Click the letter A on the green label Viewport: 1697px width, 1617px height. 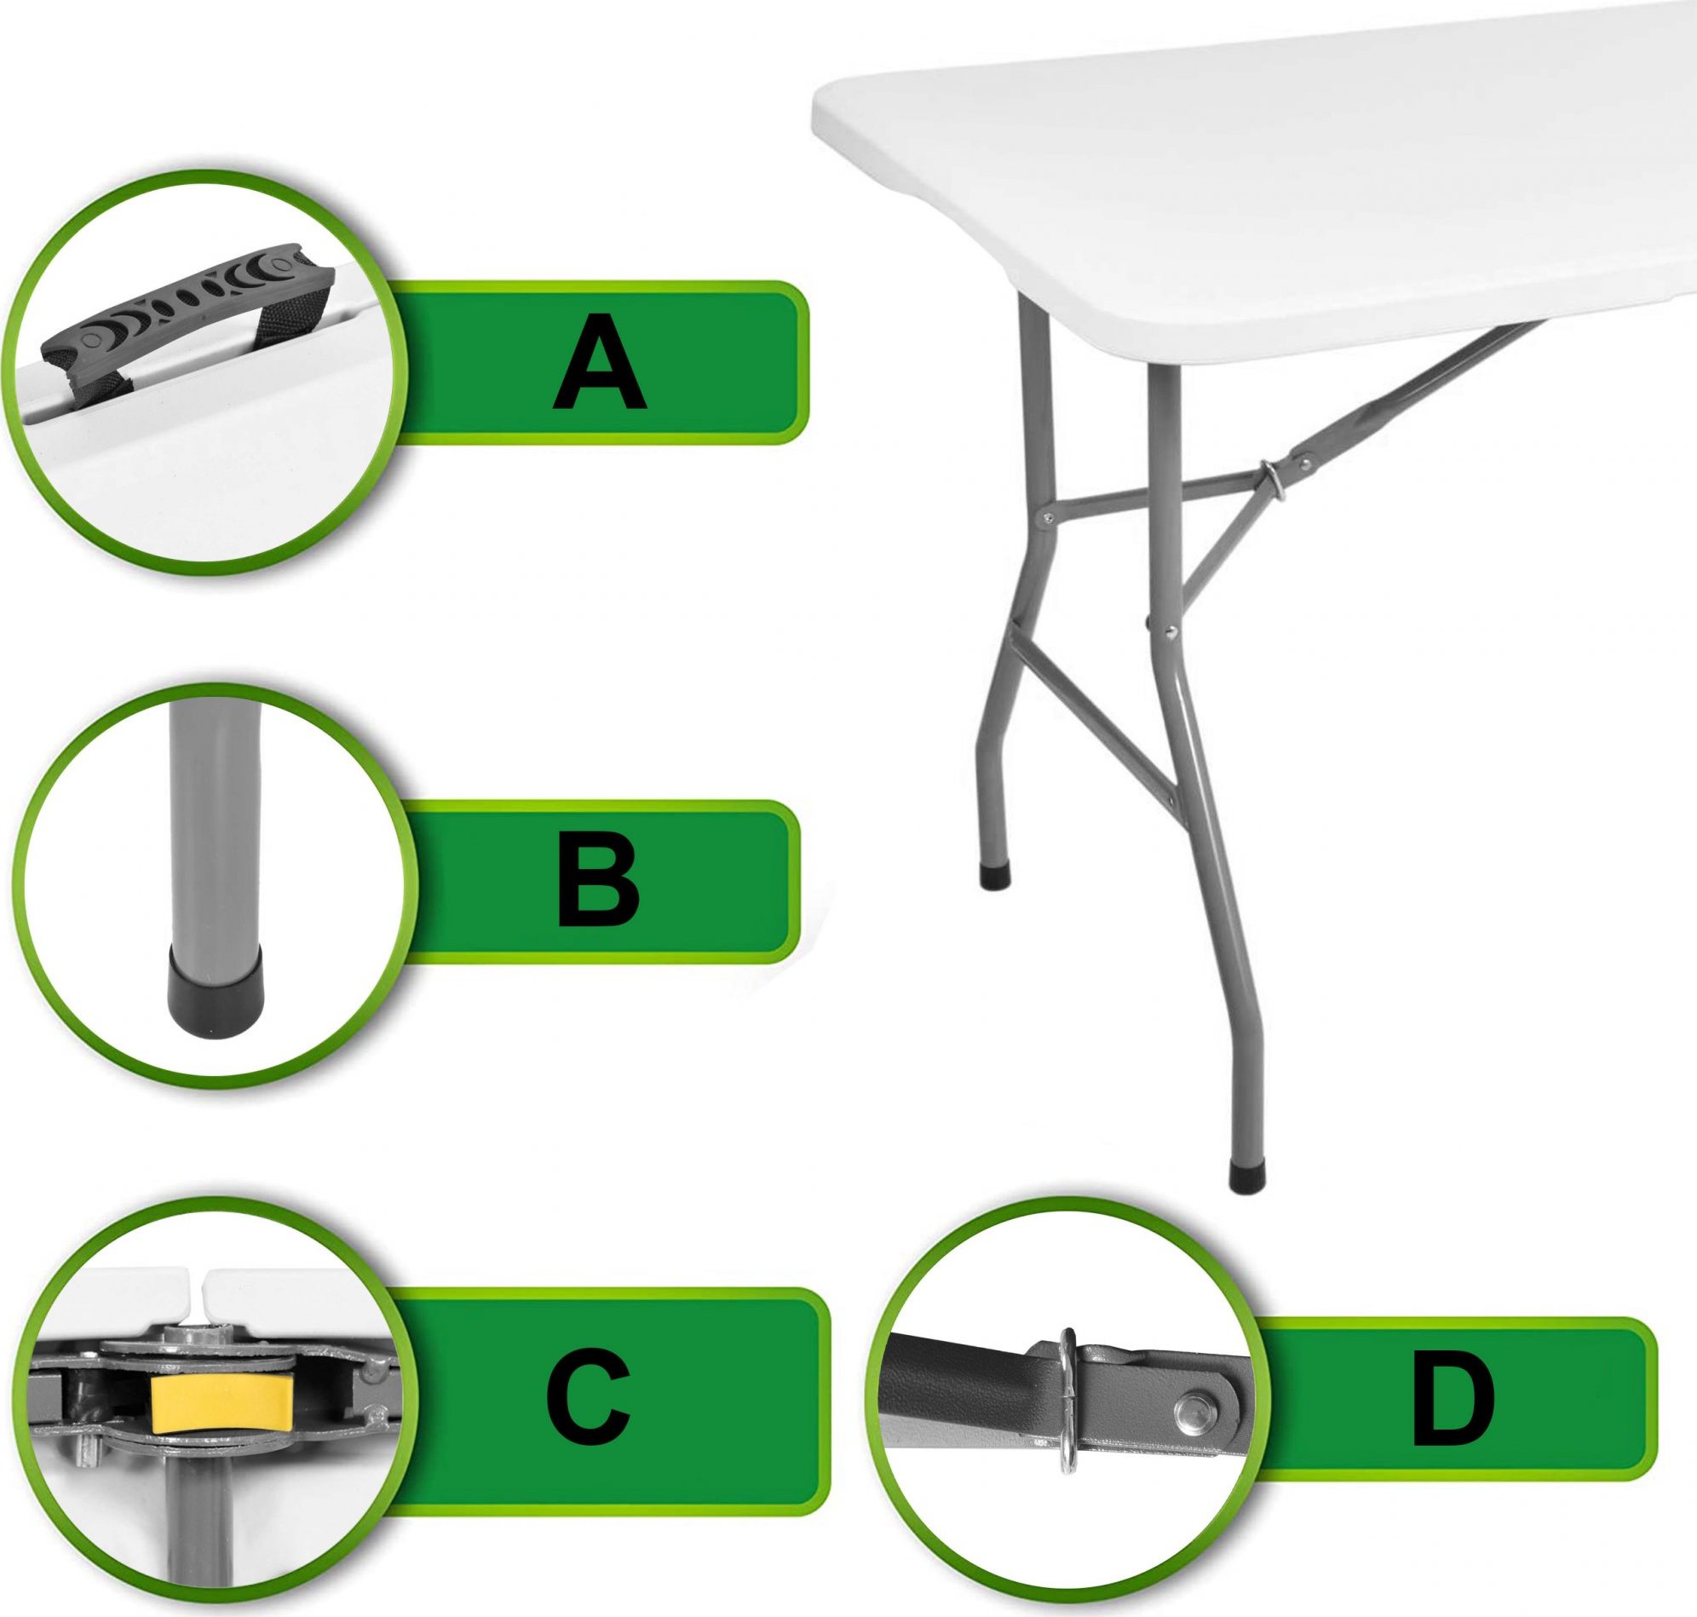(599, 361)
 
